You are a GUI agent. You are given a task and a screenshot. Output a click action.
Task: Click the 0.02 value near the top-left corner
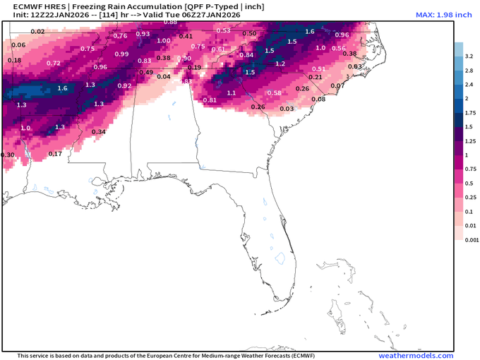click(x=37, y=32)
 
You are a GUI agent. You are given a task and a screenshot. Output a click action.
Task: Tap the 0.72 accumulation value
click(x=53, y=64)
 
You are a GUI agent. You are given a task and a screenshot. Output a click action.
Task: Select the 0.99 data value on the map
click(x=121, y=54)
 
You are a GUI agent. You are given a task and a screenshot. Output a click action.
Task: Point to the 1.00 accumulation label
click(x=163, y=41)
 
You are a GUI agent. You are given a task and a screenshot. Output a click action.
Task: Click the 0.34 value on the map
click(x=99, y=132)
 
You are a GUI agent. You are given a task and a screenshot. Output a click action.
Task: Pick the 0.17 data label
click(x=55, y=154)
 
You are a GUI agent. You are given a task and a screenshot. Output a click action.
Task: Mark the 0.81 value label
click(x=210, y=100)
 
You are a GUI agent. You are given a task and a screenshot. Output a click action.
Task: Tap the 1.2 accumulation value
click(x=280, y=64)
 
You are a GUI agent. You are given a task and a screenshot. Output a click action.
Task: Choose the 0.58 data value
click(x=275, y=93)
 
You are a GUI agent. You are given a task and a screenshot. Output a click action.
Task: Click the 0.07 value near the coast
click(x=337, y=86)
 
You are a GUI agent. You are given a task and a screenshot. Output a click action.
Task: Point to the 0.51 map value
click(x=318, y=69)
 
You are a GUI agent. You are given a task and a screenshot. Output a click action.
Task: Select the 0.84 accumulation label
click(x=246, y=55)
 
